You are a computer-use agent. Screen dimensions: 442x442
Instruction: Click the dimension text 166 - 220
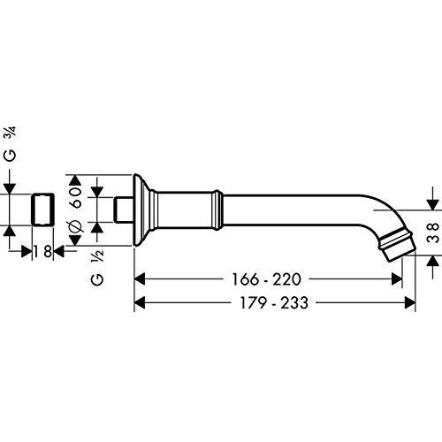267,279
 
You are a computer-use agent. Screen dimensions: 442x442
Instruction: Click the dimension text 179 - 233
274,302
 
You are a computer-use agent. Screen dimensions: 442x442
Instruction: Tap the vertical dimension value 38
432,232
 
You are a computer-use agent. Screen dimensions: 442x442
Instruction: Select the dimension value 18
42,252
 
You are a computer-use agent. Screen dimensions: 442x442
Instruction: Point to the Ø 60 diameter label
76,210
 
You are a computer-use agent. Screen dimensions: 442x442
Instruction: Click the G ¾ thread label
11,144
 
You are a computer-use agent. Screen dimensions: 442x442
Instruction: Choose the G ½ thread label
97,267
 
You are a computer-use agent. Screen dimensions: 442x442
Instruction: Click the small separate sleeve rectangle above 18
42,210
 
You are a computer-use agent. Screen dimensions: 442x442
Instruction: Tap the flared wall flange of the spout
142,210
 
